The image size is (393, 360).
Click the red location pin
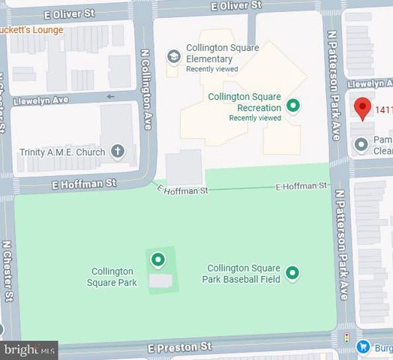[x=362, y=108]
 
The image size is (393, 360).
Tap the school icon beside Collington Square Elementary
[x=174, y=56]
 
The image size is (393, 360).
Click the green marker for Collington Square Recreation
[x=294, y=106]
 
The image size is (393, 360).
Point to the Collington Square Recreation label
[x=244, y=102]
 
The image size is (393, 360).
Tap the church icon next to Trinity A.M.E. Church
[x=117, y=151]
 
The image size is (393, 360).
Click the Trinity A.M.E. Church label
[x=63, y=152]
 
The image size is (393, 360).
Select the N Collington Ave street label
[x=146, y=89]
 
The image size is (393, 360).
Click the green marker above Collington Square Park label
[x=157, y=260]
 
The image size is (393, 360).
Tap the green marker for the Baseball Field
[x=292, y=273]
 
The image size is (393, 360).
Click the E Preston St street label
[x=180, y=347]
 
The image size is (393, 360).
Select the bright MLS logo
[x=29, y=349]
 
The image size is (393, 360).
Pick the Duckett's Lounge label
[x=31, y=30]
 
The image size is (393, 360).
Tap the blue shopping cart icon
[x=364, y=346]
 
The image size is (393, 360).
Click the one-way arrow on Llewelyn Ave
[x=111, y=96]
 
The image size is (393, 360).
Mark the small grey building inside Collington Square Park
[x=160, y=280]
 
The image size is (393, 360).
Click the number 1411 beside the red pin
[x=383, y=109]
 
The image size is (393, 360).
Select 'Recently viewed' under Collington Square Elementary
[x=213, y=69]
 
